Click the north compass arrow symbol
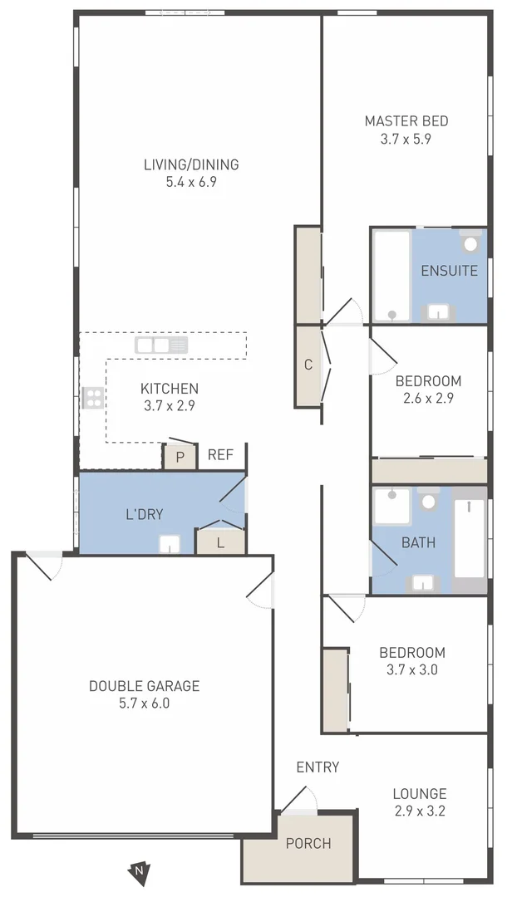coord(139,870)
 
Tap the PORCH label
coord(308,844)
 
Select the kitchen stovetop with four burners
coord(92,398)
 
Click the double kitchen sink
coord(162,345)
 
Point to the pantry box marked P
coord(180,458)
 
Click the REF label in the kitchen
coord(220,455)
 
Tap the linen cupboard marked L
coord(220,542)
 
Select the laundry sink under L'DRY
coord(170,544)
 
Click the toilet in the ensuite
coord(471,243)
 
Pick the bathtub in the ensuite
coord(391,276)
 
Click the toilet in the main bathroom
coord(429,502)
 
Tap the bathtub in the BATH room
coord(470,540)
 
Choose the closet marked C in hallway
coord(308,365)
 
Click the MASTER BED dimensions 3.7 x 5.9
coord(406,140)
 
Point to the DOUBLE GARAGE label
coord(144,686)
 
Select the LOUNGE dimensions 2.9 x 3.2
coord(420,811)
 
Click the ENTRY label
coord(317,767)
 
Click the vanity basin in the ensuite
coord(438,312)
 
